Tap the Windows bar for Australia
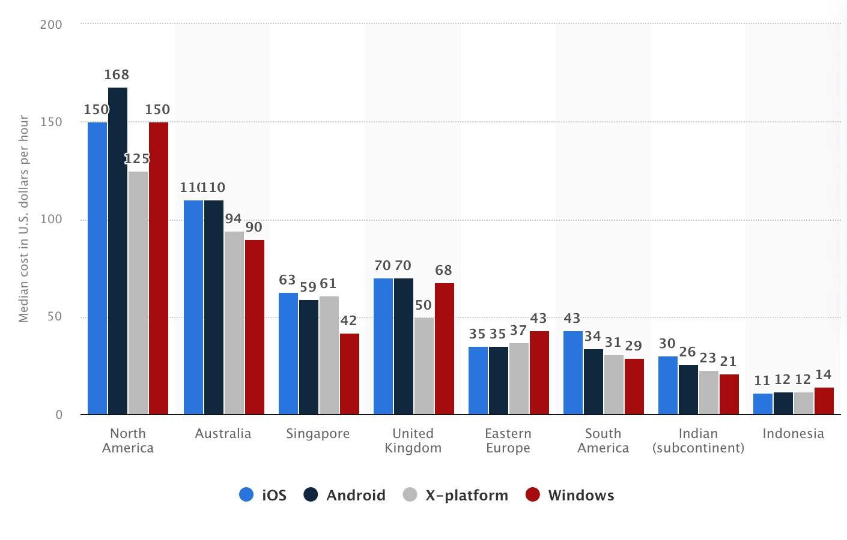point(255,327)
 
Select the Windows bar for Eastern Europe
point(539,373)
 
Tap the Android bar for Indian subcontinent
point(688,389)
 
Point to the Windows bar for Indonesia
point(824,401)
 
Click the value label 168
point(117,75)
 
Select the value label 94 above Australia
point(233,219)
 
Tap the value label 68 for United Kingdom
point(443,271)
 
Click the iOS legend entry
point(263,495)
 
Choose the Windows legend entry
point(570,495)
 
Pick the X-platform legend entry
point(456,495)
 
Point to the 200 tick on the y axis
point(51,25)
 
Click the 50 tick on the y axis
point(55,317)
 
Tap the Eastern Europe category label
point(508,440)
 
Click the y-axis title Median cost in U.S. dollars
point(23,219)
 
